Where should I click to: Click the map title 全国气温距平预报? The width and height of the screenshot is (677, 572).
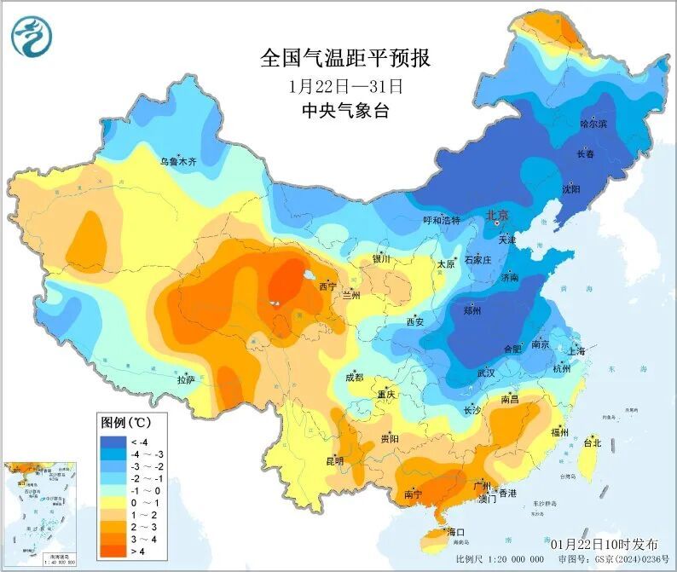[x=345, y=59]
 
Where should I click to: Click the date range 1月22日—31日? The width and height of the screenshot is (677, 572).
[x=344, y=86]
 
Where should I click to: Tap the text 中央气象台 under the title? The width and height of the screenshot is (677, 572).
[x=344, y=111]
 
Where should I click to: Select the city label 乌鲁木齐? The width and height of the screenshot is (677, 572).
[x=178, y=160]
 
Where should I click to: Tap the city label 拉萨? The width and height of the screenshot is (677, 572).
[x=186, y=378]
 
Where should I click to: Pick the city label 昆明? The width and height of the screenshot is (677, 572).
[x=334, y=461]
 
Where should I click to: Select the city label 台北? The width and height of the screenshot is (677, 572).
[x=592, y=443]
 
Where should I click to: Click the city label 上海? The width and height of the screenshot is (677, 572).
[x=576, y=351]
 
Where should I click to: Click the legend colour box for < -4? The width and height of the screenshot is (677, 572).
[x=112, y=442]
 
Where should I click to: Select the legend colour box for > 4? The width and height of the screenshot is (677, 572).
[x=112, y=552]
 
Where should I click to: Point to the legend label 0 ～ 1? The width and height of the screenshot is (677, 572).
[x=142, y=503]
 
